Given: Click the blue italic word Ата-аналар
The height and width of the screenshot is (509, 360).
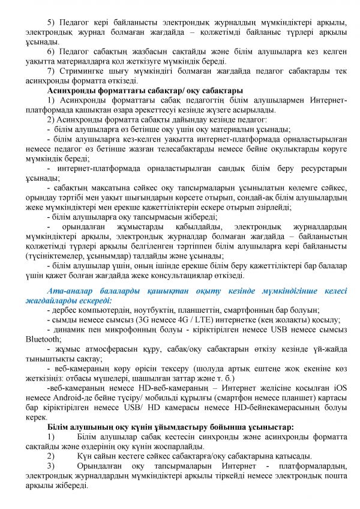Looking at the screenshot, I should click(67, 291).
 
